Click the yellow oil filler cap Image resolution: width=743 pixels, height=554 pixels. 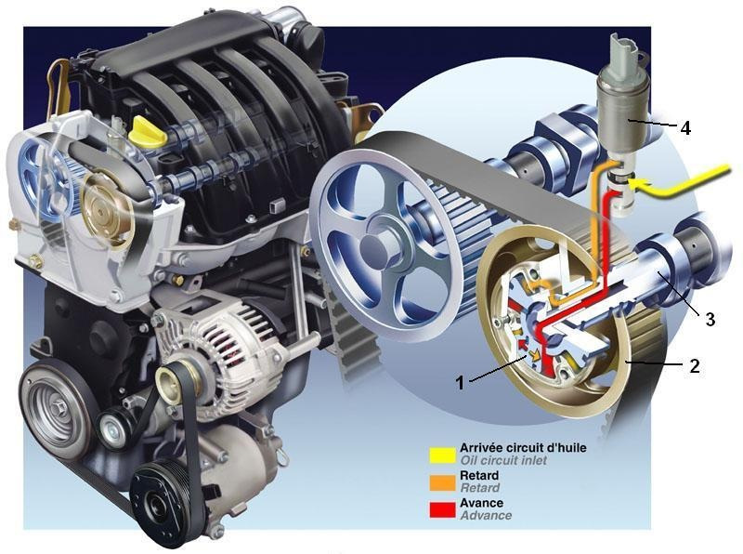tap(148, 131)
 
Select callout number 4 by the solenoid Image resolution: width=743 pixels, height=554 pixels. tap(685, 127)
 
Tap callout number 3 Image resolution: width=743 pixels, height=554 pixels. tap(710, 319)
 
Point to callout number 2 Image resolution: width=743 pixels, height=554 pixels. tap(694, 365)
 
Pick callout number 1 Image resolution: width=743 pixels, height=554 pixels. tap(460, 382)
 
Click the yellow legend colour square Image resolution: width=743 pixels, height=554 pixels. tap(443, 455)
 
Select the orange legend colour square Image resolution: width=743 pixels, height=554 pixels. tap(443, 482)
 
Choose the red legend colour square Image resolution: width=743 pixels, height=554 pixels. tap(443, 509)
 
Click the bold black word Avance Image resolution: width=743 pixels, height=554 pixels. tap(481, 503)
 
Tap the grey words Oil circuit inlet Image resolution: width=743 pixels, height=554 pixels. tap(503, 460)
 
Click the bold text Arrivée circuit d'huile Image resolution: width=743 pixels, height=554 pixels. tap(523, 448)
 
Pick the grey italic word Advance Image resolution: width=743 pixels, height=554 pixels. tap(486, 515)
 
